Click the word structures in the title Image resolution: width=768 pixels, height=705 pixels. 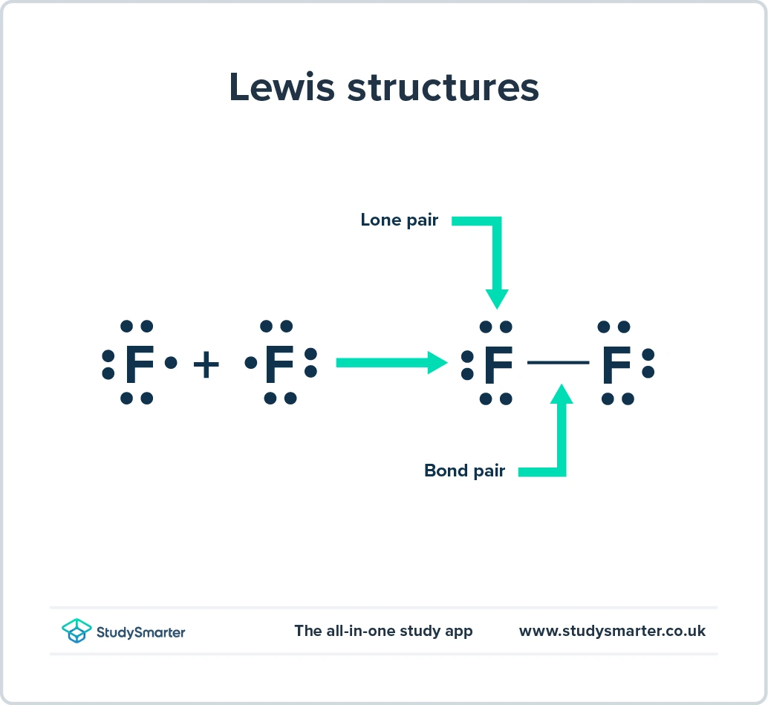coord(443,88)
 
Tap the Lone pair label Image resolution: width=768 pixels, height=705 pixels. coord(399,220)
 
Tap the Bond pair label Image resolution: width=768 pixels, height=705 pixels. coord(464,470)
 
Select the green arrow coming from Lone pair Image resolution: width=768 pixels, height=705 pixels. coord(496,260)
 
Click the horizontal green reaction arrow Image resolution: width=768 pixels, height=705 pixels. coord(390,363)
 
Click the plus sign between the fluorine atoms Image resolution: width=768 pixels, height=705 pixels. coord(206,364)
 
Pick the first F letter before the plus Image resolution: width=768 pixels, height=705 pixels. coord(139,364)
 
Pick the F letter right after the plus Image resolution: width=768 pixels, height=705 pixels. coord(279,364)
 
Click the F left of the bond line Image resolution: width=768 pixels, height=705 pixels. coord(498,364)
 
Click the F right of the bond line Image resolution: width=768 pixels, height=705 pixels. coord(616,364)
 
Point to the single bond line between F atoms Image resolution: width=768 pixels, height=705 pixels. coord(558,363)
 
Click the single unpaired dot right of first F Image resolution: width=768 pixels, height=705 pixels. coord(172,363)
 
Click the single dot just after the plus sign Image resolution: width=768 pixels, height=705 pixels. coord(251,363)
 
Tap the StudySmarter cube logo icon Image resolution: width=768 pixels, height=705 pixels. coord(77,631)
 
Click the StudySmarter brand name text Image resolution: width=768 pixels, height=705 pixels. coord(140,632)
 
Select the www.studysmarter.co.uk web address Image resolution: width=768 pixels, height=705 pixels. coord(612,631)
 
